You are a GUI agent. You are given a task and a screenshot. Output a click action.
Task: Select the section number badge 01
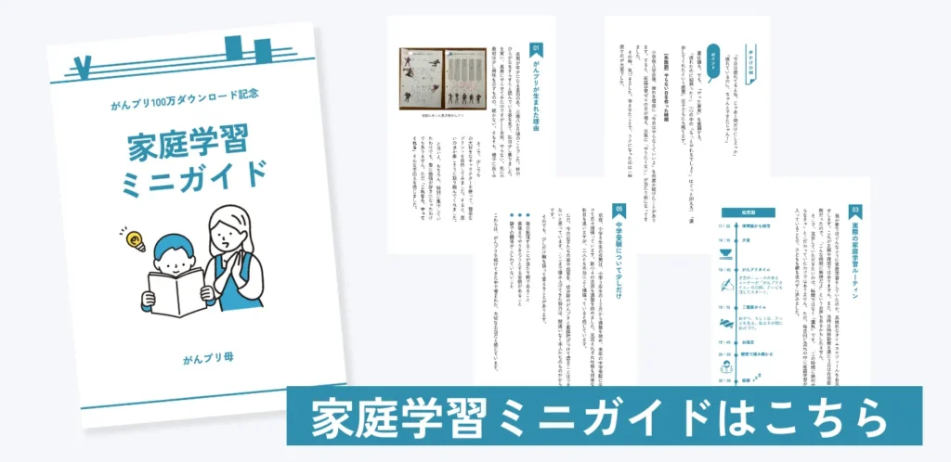pyautogui.click(x=536, y=48)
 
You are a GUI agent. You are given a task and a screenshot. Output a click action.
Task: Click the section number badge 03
pyautogui.click(x=854, y=212)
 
